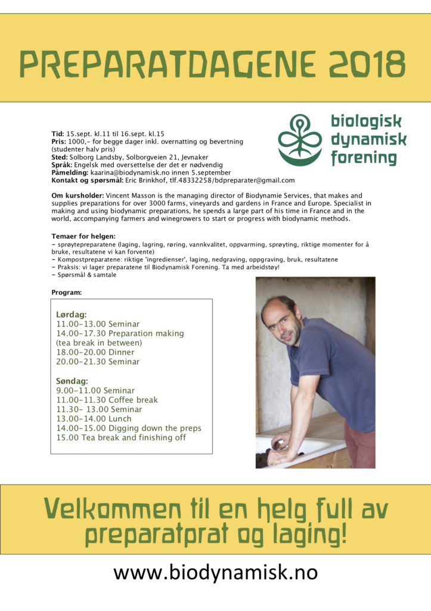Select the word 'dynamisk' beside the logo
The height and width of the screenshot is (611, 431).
[x=368, y=140]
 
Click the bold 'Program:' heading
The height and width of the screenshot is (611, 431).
[x=67, y=292]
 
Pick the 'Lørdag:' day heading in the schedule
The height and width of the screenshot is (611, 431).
[x=72, y=314]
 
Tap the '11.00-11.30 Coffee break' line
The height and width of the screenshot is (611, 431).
[x=107, y=400]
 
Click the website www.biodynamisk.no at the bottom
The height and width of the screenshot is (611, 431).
[x=215, y=573]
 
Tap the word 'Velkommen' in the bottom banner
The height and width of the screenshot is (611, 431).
[x=112, y=511]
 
